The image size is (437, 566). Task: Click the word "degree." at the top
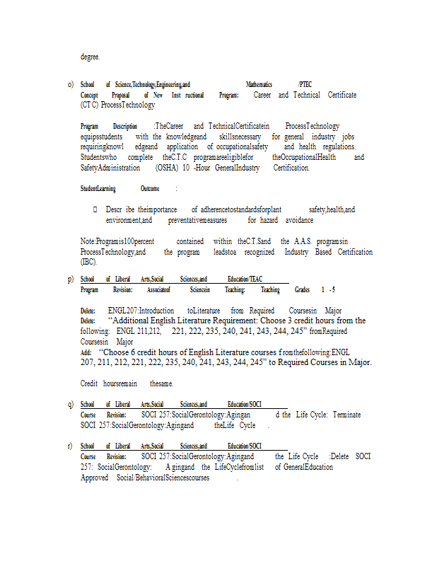90,57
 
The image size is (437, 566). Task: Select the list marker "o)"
71,84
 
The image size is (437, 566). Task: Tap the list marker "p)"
71,279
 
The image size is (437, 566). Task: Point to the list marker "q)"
71,404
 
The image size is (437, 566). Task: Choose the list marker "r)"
71,446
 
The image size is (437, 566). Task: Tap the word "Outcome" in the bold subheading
149,189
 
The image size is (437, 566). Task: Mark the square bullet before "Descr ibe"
95,210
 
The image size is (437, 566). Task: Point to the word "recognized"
259,252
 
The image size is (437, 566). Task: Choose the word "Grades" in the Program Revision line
303,290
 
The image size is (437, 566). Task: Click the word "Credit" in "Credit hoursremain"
89,383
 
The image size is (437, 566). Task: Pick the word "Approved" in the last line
94,478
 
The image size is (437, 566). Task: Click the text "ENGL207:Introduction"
141,311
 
